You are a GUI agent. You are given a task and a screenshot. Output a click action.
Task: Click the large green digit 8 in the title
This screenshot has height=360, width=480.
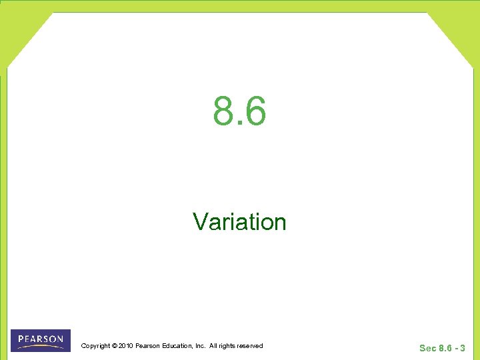pos(225,111)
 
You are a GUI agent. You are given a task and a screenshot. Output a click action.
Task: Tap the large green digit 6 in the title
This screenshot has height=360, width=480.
pos(255,111)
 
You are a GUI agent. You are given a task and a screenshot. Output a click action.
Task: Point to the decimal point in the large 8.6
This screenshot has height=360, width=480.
pos(239,123)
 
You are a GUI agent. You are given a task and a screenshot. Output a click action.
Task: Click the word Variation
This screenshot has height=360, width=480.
pos(239,221)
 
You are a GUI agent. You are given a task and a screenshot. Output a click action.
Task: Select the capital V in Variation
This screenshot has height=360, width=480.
pos(199,221)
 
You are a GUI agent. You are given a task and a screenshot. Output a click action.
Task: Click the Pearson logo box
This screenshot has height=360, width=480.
pos(41,340)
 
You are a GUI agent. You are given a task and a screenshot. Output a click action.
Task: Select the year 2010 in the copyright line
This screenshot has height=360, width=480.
pos(125,345)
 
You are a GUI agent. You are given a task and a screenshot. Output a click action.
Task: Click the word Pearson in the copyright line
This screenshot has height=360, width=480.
pos(147,345)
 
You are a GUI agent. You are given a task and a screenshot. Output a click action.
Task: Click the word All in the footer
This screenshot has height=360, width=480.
pos(213,345)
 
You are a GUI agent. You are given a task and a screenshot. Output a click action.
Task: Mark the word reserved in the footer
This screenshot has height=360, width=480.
pos(250,345)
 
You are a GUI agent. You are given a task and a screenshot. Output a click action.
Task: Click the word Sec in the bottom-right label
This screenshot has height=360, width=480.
pos(427,348)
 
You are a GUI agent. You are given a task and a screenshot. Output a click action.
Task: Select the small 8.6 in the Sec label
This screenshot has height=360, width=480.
pos(446,348)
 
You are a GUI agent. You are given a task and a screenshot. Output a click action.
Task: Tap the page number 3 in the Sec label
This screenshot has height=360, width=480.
pos(463,348)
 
